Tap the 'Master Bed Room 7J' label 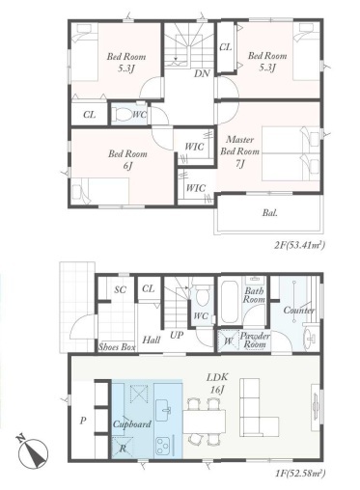239,151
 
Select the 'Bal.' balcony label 270,212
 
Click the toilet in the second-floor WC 122,114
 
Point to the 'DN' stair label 202,73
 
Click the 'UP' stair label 177,336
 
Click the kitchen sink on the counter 163,410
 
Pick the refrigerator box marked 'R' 123,447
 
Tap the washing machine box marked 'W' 228,340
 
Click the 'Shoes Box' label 117,347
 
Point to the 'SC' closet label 121,289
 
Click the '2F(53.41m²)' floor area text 298,245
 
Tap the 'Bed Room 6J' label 127,159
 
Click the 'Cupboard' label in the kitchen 132,424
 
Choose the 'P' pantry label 83,421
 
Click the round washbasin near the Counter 311,338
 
